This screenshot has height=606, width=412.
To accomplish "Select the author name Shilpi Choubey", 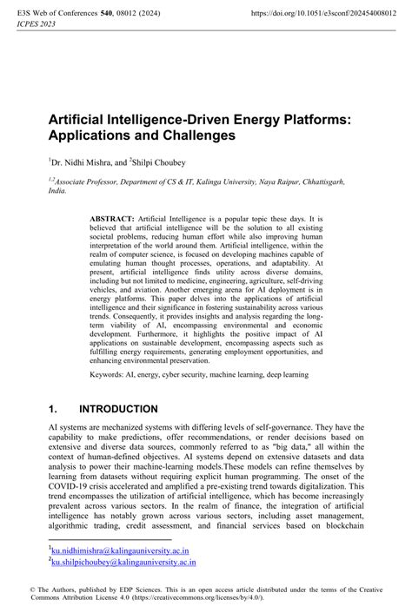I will tap(159, 161).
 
